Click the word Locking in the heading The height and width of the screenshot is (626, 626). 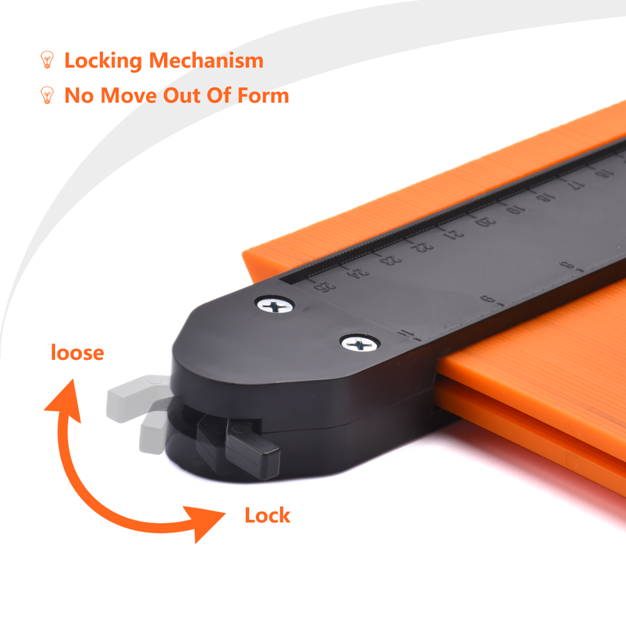click(103, 61)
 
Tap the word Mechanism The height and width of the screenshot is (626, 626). click(206, 60)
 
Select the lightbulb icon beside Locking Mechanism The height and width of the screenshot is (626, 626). click(47, 59)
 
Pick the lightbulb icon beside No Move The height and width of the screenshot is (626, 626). click(47, 95)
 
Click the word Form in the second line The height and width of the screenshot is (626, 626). click(263, 95)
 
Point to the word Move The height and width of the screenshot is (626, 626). click(128, 96)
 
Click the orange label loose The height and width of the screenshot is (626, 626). click(78, 352)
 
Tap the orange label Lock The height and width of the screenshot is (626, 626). click(267, 515)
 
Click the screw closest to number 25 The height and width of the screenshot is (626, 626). click(275, 306)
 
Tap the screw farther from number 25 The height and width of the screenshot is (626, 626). click(360, 344)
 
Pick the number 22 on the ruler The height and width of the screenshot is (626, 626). click(421, 247)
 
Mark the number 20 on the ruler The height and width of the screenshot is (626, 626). click(485, 221)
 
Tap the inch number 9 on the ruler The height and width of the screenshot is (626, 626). click(488, 299)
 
